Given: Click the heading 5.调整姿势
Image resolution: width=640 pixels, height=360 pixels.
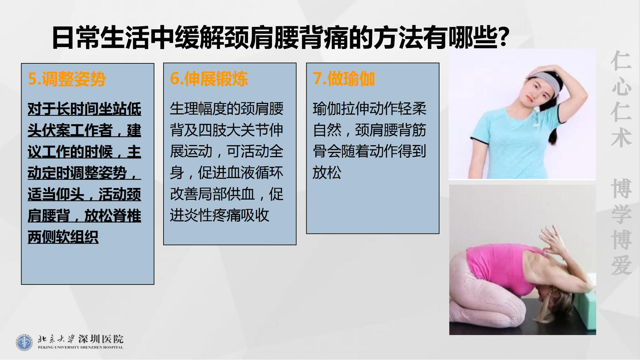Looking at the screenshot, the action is point(67,79).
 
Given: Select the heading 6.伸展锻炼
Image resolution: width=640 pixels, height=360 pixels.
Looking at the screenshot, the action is point(209,79).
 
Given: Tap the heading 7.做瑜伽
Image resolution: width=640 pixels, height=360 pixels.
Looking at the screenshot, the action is point(344,79).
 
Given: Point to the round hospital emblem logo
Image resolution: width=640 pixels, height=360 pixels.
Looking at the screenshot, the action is point(24,342).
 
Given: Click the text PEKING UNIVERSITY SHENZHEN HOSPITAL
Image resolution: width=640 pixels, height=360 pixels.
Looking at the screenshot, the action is point(80,347).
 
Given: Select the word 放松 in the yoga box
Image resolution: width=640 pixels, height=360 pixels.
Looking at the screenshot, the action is point(327,172).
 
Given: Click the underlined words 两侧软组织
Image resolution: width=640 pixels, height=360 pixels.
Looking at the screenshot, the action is point(63,237).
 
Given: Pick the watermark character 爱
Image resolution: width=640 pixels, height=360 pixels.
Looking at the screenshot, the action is point(621,265).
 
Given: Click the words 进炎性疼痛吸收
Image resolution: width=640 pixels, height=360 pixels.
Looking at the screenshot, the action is point(220,215).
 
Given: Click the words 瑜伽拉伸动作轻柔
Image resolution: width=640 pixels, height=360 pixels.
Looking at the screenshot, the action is point(370,109).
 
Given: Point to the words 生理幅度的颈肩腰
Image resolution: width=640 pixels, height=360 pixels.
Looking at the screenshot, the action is point(227,109).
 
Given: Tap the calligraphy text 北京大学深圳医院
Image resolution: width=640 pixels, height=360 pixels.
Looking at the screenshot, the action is point(80,339).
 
